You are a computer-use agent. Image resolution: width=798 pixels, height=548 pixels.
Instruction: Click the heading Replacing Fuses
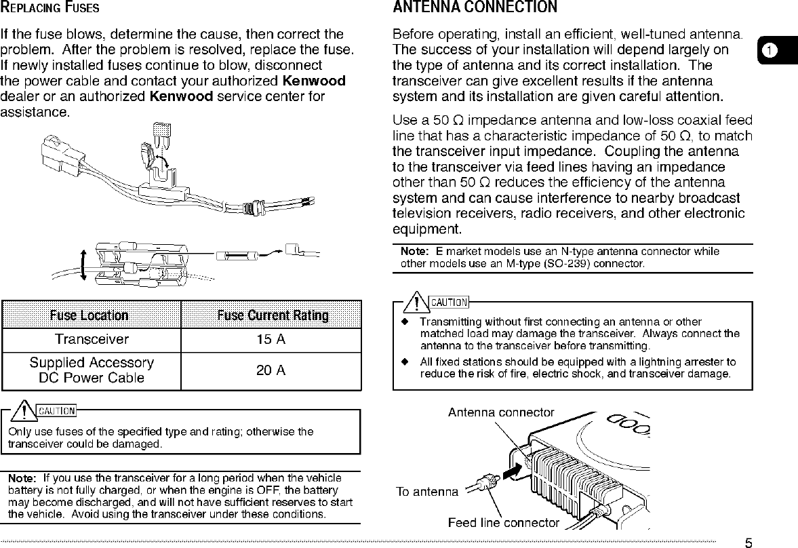[x=51, y=9]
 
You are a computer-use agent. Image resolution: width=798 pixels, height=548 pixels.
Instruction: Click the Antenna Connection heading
[x=475, y=8]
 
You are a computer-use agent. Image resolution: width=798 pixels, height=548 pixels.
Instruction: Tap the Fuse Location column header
[x=89, y=315]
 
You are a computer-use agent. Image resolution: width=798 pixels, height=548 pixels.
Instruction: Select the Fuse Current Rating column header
[x=273, y=315]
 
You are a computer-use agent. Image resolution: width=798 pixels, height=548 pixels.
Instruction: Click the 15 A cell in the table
[x=271, y=340]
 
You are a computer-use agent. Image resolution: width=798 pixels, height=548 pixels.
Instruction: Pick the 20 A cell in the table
[x=271, y=370]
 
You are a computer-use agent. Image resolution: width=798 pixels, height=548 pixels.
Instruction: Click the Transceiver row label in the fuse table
[x=92, y=339]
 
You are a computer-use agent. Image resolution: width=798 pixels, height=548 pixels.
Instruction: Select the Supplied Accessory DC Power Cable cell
[x=92, y=371]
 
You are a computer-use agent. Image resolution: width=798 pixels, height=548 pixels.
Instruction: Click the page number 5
[x=749, y=543]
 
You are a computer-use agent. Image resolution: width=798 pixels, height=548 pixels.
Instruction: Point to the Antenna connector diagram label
[x=501, y=412]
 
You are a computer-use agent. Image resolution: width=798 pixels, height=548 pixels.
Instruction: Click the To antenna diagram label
[x=426, y=491]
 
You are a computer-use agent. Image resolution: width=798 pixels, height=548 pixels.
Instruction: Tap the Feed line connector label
[x=504, y=522]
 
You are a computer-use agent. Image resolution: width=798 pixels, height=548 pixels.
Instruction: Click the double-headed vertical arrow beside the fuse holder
[x=83, y=264]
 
